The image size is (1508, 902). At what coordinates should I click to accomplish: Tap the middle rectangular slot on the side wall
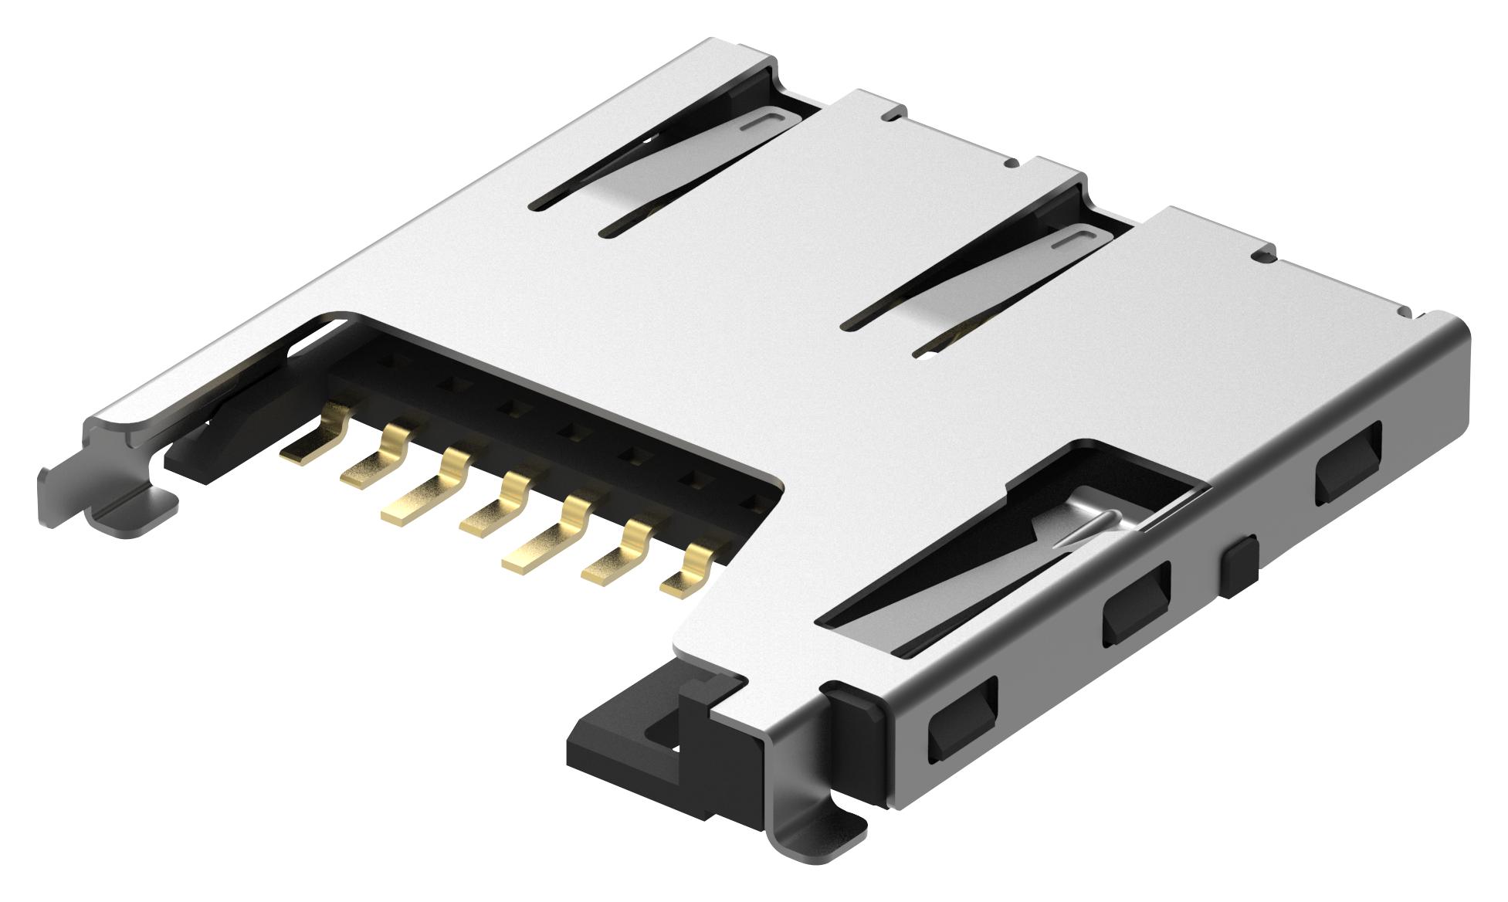click(x=1136, y=602)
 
